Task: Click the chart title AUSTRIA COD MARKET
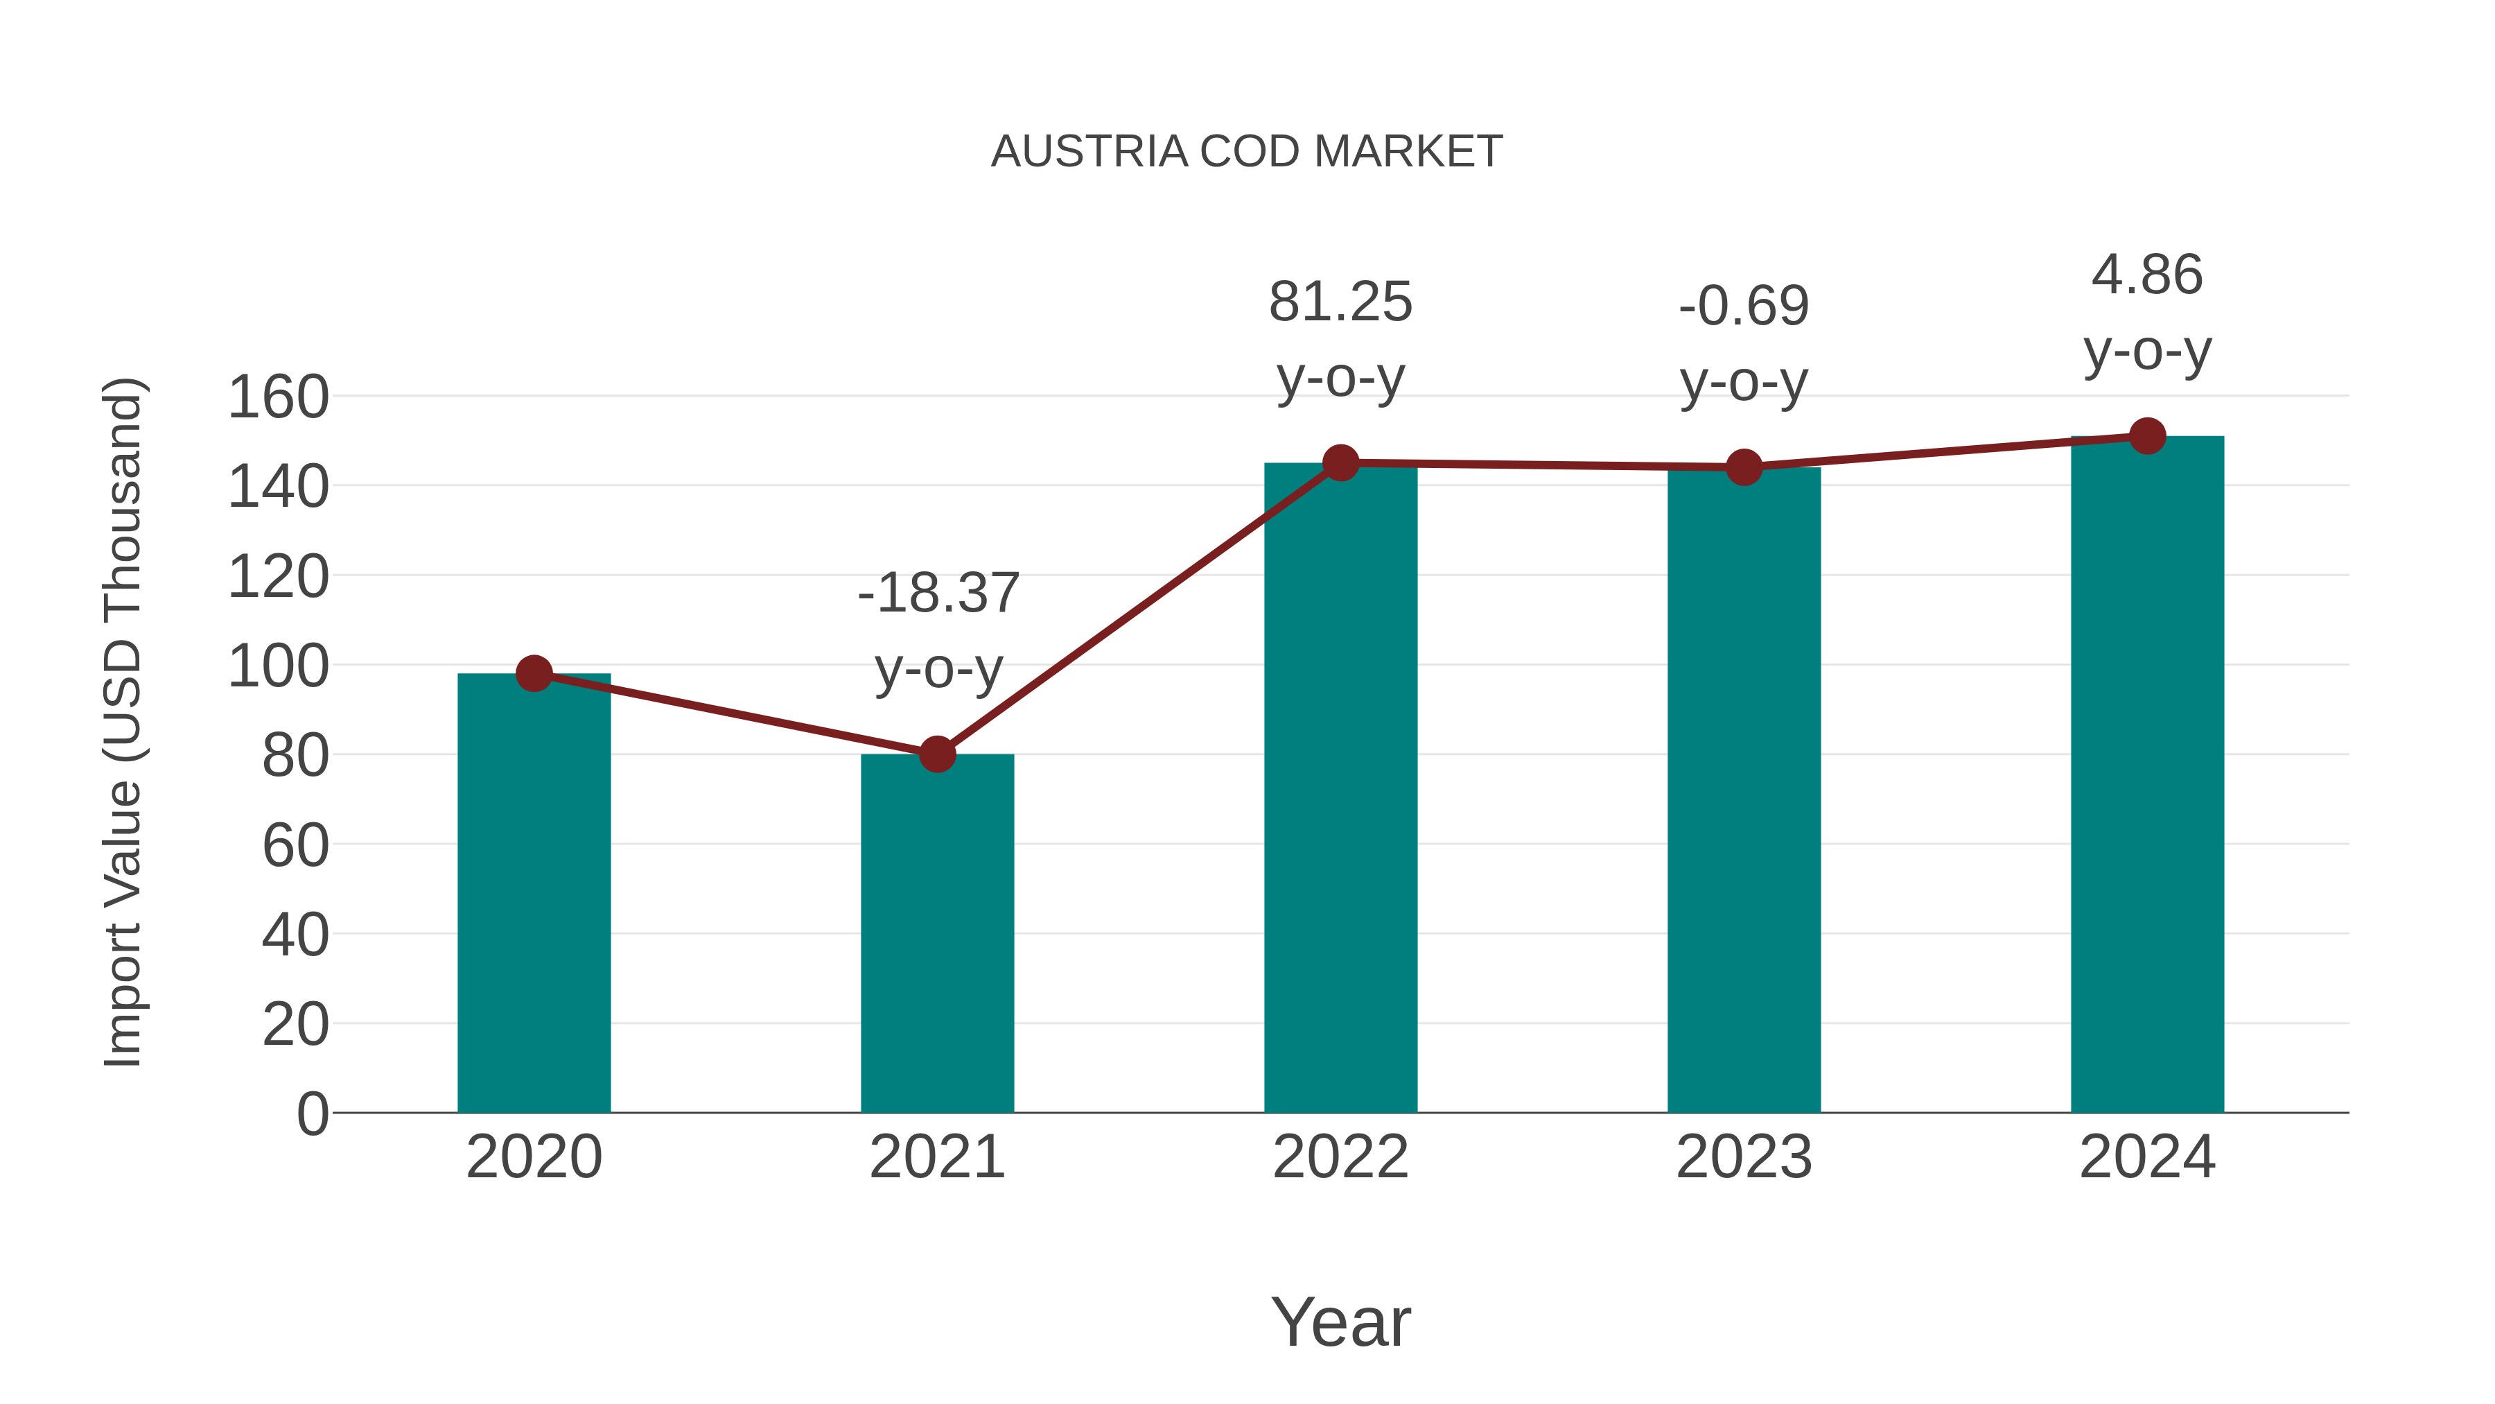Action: tap(1247, 152)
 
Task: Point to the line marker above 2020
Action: tap(534, 673)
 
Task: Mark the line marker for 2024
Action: tap(2147, 436)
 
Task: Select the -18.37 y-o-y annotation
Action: tap(938, 630)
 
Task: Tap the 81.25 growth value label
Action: tap(1340, 302)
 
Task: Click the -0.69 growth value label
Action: tap(1744, 306)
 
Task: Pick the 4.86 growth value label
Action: tap(2147, 275)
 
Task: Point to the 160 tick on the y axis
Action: tap(278, 397)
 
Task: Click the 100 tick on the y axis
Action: tap(278, 666)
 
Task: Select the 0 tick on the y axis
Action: tap(312, 1114)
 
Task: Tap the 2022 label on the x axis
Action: tap(1340, 1157)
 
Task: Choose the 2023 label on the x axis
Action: tap(1744, 1157)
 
